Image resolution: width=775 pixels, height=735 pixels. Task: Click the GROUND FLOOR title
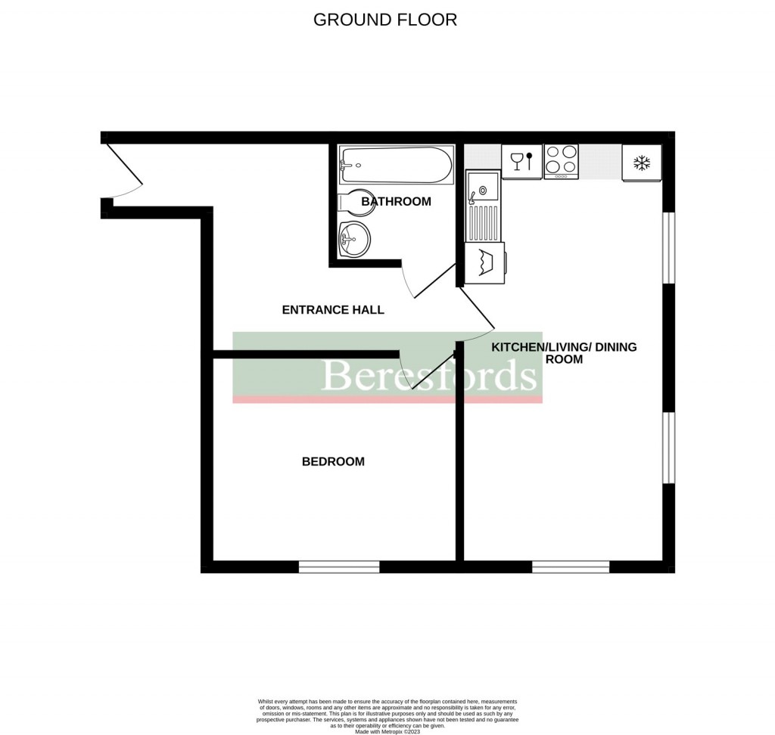pos(385,20)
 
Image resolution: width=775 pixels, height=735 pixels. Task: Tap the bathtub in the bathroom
pos(396,164)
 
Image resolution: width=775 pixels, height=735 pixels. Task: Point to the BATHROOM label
pos(396,202)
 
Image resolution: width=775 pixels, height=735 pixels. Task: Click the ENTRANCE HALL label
pos(333,310)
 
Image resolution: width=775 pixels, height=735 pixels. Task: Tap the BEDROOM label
pos(333,461)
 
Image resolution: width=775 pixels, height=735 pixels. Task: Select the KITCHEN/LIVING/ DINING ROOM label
pos(564,353)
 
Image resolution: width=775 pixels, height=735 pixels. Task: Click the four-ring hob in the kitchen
pos(562,161)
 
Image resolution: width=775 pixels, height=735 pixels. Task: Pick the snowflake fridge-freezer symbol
pos(642,163)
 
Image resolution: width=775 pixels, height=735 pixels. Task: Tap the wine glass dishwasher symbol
pos(521,161)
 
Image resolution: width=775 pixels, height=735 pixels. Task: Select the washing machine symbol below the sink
pos(484,263)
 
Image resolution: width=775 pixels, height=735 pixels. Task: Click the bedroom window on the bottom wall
pos(339,566)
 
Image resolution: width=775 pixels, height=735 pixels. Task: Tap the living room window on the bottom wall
pos(571,566)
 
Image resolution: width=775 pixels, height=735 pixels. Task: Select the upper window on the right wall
pos(668,247)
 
